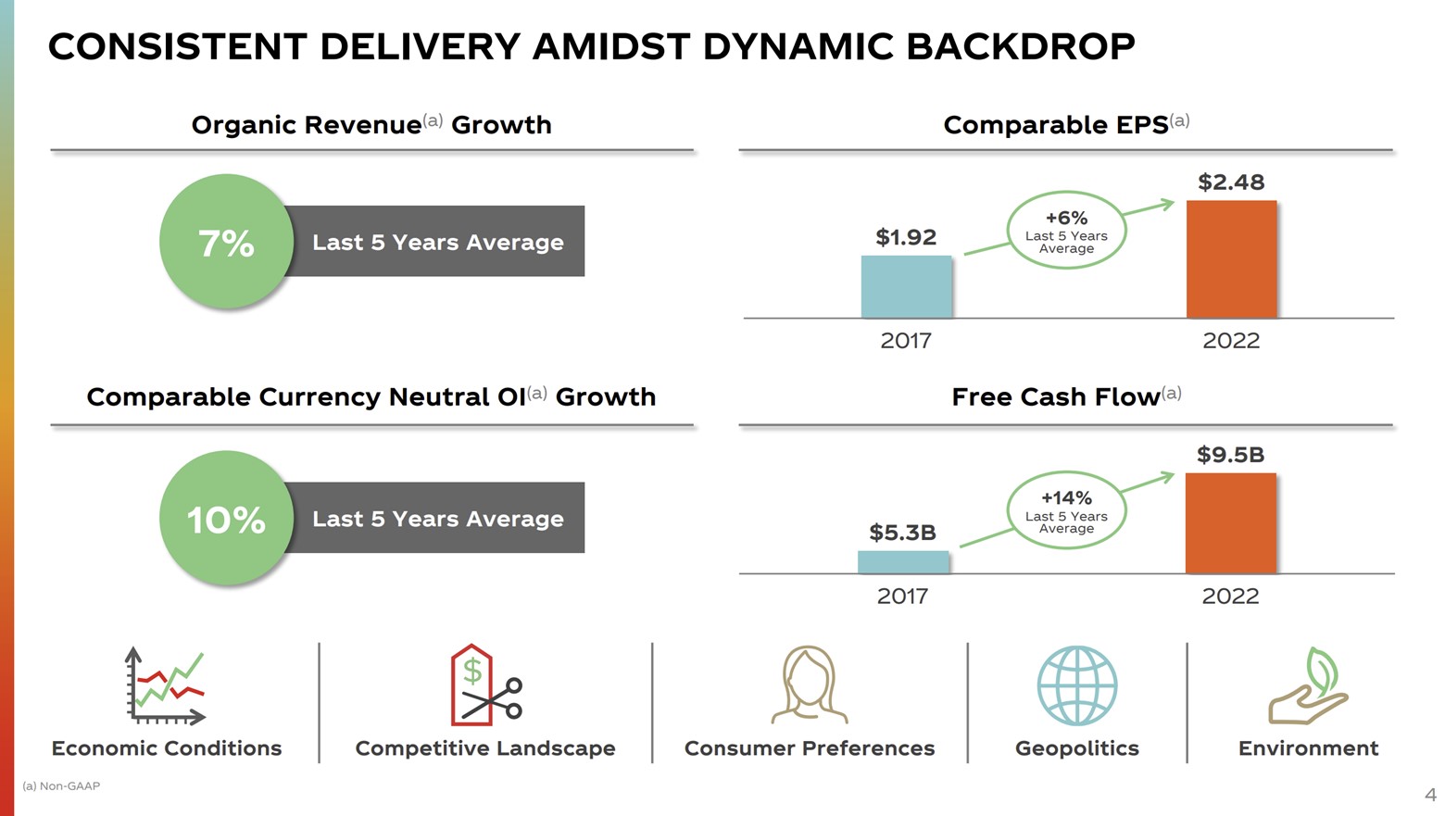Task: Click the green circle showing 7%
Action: click(x=226, y=242)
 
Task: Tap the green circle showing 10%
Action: click(x=226, y=518)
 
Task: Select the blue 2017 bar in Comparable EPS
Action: click(x=906, y=287)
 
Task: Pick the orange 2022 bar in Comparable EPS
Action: click(x=1231, y=259)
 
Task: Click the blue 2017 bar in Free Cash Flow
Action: click(x=903, y=562)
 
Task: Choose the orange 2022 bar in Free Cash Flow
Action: click(x=1230, y=523)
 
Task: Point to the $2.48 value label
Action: click(x=1231, y=182)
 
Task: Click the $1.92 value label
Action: click(x=906, y=237)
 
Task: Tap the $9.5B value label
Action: click(x=1230, y=455)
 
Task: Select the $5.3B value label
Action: click(x=902, y=533)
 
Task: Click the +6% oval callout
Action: click(x=1066, y=230)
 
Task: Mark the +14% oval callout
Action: click(x=1066, y=510)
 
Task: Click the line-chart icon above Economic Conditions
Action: click(x=166, y=686)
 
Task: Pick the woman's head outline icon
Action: click(x=809, y=685)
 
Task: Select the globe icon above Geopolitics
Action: click(x=1076, y=685)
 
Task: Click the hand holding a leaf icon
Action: click(x=1308, y=686)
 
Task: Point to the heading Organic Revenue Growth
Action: click(x=371, y=125)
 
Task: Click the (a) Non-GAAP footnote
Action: click(x=61, y=786)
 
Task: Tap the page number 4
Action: click(x=1430, y=795)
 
